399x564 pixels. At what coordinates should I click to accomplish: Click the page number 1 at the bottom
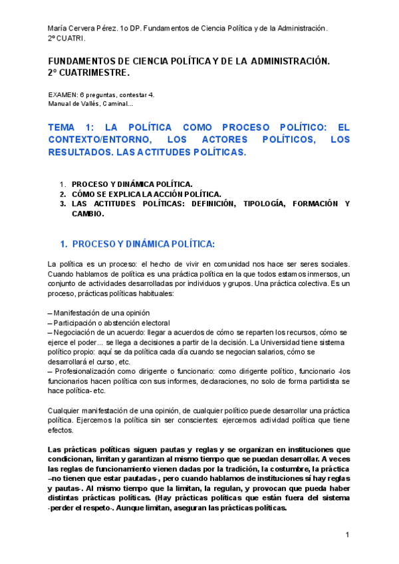point(348,535)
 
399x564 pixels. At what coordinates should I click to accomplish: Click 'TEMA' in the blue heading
point(63,126)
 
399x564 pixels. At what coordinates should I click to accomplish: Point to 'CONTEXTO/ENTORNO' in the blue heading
point(96,139)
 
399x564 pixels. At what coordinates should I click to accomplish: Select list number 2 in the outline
point(63,194)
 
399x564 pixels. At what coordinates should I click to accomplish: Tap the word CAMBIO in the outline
point(88,214)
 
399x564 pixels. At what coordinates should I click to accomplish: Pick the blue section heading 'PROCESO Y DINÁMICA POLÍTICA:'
point(143,244)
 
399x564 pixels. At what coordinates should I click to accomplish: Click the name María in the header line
point(58,29)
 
